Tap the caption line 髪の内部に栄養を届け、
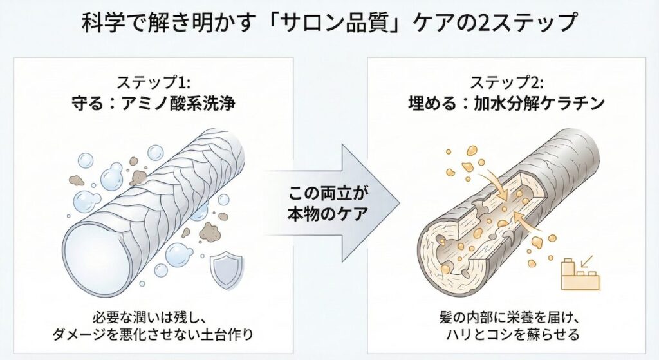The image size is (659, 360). click(x=507, y=317)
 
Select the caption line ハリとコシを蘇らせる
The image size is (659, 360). click(x=507, y=335)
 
